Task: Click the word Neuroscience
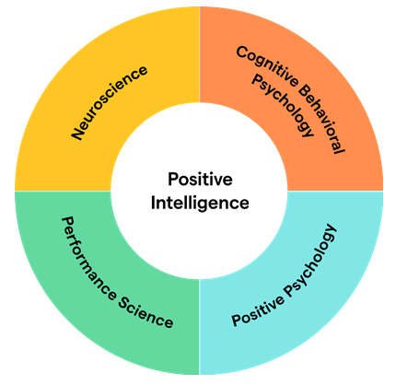pyautogui.click(x=110, y=103)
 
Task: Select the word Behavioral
pyautogui.click(x=322, y=119)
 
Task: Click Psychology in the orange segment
pyautogui.click(x=283, y=106)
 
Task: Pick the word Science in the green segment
pyautogui.click(x=146, y=312)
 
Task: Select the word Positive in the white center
pyautogui.click(x=200, y=180)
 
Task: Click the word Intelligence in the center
pyautogui.click(x=200, y=203)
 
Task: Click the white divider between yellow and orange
pyautogui.click(x=200, y=54)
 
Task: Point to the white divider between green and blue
pyautogui.click(x=200, y=327)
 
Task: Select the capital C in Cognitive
pyautogui.click(x=242, y=52)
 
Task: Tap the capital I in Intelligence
pyautogui.click(x=153, y=203)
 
